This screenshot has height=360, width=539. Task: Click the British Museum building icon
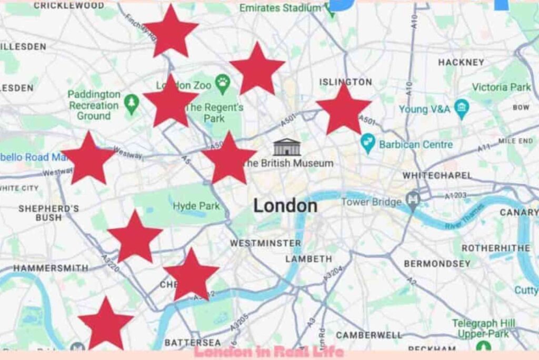tap(287, 147)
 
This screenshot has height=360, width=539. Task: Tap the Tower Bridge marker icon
tap(412, 201)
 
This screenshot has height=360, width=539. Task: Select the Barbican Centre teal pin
tap(367, 143)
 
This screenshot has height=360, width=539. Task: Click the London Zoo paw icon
tap(223, 83)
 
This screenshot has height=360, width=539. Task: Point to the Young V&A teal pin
tap(462, 108)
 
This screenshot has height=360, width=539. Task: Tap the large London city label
tap(285, 205)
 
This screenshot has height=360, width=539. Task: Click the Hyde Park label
tap(196, 206)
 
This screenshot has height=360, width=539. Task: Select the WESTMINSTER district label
tap(265, 243)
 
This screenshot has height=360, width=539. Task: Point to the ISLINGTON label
tap(346, 82)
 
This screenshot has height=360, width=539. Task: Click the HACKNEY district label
tap(461, 62)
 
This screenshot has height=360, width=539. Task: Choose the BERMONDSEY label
tap(437, 263)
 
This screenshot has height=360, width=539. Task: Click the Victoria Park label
tap(501, 87)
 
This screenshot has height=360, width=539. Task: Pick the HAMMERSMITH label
tap(51, 268)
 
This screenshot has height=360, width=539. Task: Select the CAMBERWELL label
tap(368, 335)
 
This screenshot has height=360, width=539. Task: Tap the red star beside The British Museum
tap(228, 158)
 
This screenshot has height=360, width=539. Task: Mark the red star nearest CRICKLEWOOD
tap(171, 31)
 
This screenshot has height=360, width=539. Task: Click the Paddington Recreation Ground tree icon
tap(131, 103)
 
